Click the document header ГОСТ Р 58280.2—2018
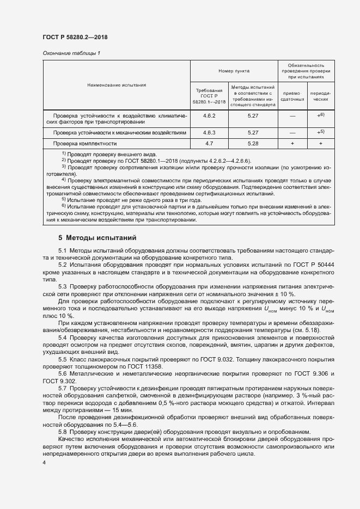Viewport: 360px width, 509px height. tap(75, 36)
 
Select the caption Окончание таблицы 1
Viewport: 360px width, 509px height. tap(71, 53)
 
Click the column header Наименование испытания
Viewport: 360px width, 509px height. tap(116, 85)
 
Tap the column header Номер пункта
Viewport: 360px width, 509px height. tap(234, 71)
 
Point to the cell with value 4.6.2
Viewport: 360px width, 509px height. tap(209, 116)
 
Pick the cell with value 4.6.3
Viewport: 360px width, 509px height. tap(209, 132)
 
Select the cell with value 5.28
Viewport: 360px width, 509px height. tap(253, 143)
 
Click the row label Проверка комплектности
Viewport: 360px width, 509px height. tap(85, 144)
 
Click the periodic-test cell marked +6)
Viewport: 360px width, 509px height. tap(320, 115)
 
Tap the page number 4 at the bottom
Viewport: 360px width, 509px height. tap(44, 462)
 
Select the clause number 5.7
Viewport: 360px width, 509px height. tap(63, 388)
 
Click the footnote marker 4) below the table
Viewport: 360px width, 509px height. tap(64, 180)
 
